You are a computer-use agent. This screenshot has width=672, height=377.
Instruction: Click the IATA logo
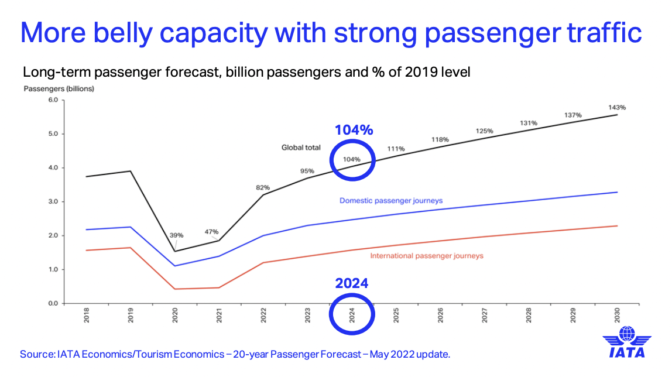627,342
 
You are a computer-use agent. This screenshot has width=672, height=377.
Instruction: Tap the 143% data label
617,107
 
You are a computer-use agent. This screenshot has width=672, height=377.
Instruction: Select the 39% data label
176,235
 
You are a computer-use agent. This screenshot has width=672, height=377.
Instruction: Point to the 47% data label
211,232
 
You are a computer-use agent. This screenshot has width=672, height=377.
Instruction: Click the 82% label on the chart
262,187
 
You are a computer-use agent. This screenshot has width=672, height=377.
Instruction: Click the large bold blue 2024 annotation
352,283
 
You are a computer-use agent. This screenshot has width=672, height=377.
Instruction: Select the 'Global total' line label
301,148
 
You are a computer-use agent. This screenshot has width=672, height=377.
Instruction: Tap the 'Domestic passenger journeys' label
391,200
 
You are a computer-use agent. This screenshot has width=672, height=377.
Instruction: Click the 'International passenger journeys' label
427,256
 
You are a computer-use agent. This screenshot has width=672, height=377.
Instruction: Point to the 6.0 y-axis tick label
53,100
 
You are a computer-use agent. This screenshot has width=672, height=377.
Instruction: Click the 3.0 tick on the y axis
53,202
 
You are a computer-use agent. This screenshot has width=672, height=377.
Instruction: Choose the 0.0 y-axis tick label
53,304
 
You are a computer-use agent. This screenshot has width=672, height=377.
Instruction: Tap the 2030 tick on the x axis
617,317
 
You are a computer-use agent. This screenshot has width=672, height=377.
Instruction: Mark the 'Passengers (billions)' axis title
59,89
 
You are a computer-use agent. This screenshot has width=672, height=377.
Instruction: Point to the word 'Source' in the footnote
36,355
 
